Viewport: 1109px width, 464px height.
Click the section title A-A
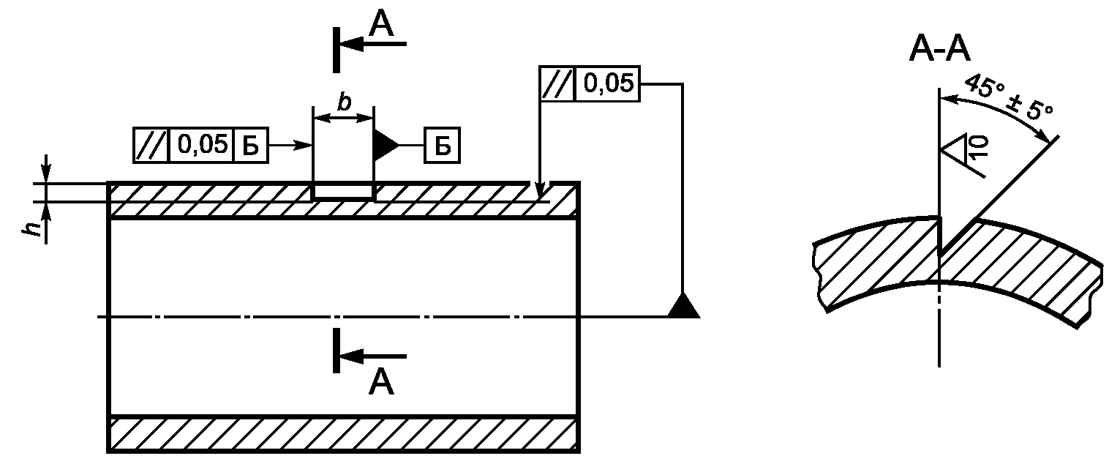(939, 50)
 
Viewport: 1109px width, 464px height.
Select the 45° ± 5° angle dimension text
(1009, 105)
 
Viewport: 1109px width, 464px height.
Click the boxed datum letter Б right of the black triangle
(442, 146)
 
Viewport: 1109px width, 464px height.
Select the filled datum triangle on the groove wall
(386, 146)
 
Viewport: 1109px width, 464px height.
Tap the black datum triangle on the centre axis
(684, 304)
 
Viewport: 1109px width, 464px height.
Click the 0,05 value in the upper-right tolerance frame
(609, 83)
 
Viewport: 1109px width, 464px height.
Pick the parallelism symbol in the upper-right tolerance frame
(557, 84)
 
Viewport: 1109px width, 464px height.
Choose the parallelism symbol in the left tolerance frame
(151, 146)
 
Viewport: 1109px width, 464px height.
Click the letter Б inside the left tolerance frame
(250, 146)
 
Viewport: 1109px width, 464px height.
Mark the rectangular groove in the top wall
(343, 191)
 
